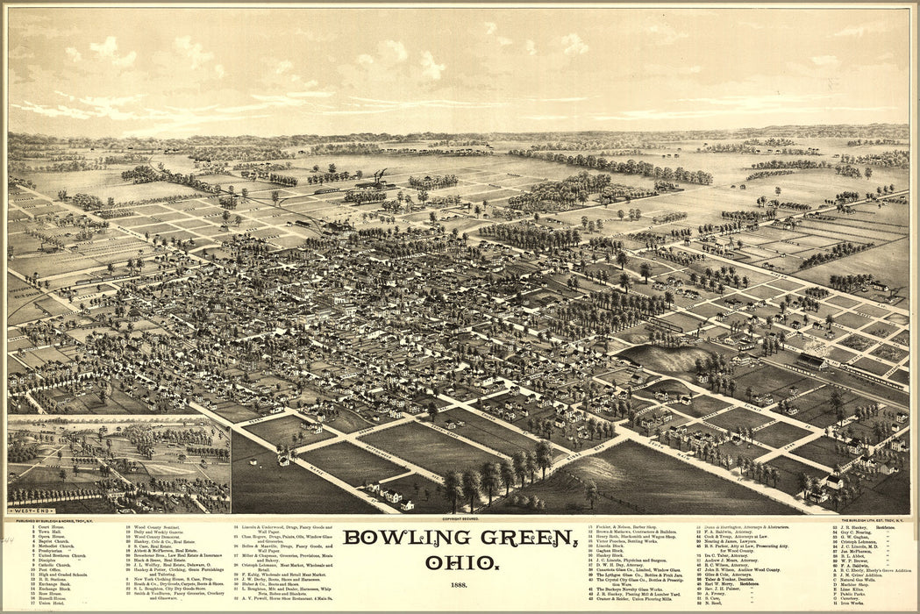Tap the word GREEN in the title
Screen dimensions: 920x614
[x=518, y=537]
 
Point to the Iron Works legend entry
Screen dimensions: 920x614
[x=855, y=603]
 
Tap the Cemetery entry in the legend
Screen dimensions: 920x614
[x=855, y=598]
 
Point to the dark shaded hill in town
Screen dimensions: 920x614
[x=667, y=357]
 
